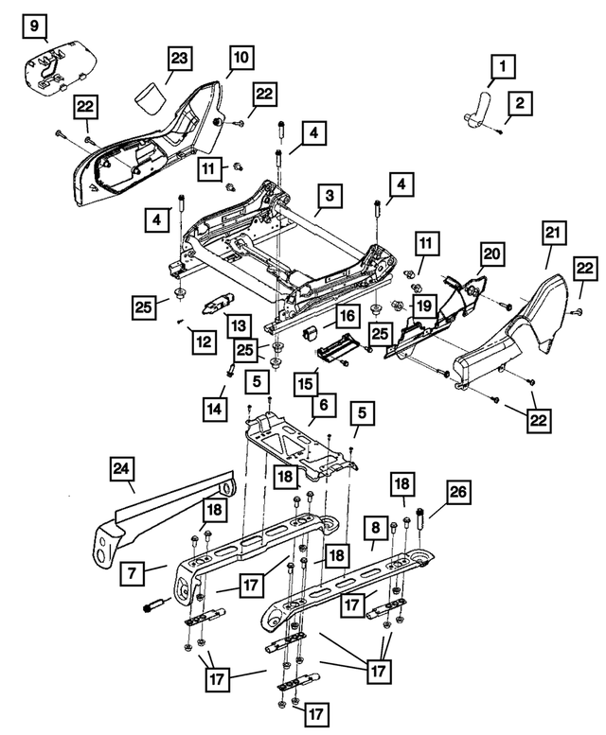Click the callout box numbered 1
pos(503,67)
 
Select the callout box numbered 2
pos(520,101)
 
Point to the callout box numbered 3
pos(328,197)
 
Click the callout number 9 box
pos(33,26)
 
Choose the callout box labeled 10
pos(241,57)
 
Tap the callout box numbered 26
pos(458,493)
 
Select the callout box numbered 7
pos(131,571)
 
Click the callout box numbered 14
pos(215,409)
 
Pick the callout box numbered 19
pos(422,306)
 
